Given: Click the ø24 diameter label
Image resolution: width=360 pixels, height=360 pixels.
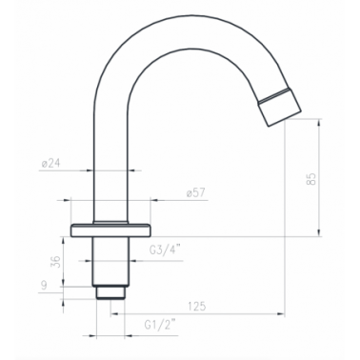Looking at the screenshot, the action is point(50,164).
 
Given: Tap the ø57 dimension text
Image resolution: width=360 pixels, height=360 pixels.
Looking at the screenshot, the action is point(196,193).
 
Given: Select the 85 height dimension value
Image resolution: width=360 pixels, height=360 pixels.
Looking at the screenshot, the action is point(311,179).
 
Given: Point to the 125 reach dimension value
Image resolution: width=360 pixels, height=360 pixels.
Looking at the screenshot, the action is point(197,307).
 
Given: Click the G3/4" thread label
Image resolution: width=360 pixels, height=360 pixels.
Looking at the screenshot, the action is point(165,250).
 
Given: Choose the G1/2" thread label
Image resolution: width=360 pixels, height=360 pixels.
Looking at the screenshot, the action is point(160,325).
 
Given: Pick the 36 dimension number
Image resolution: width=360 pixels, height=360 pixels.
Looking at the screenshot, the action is point(55,262).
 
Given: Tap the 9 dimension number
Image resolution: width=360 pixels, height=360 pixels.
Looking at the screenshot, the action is point(44,286).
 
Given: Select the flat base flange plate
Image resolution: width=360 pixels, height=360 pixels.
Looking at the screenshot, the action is point(110,230).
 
